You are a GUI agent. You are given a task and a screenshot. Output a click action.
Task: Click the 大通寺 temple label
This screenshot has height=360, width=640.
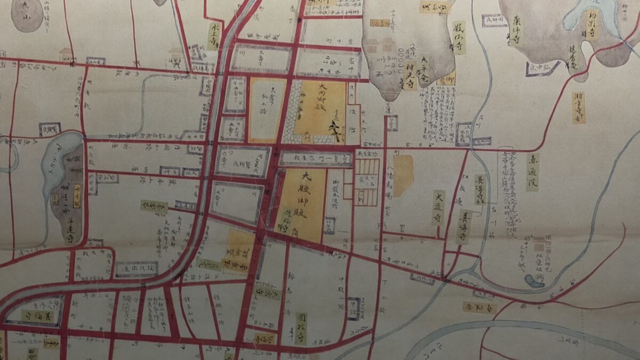pyautogui.click(x=438, y=207)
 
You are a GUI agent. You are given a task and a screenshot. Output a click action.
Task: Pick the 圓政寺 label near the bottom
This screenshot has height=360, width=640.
pyautogui.click(x=301, y=328)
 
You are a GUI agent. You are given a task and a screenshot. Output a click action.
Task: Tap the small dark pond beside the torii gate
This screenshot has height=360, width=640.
pyautogui.click(x=534, y=281)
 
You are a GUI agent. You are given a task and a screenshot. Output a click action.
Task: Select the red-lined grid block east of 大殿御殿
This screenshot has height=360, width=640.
pyautogui.click(x=366, y=181)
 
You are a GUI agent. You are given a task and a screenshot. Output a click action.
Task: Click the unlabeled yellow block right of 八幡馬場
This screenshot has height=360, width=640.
pyautogui.click(x=403, y=175)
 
